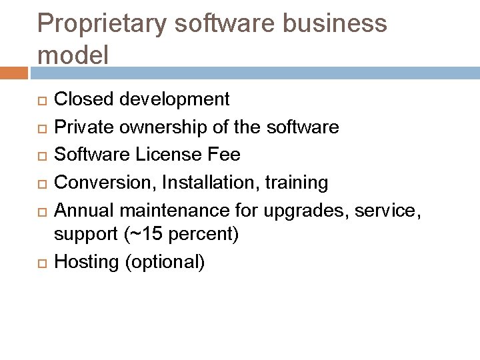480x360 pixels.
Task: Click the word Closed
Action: click(82, 100)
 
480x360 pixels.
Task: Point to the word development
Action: click(173, 100)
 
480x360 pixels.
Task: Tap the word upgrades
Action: click(311, 209)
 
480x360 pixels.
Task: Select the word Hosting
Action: click(85, 262)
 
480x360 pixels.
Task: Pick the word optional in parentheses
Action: click(165, 262)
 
